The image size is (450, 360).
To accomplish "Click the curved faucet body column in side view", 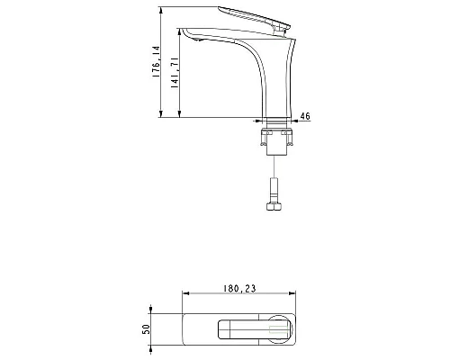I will pos(270,76).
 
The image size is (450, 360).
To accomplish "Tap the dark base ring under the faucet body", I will pos(275,121).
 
